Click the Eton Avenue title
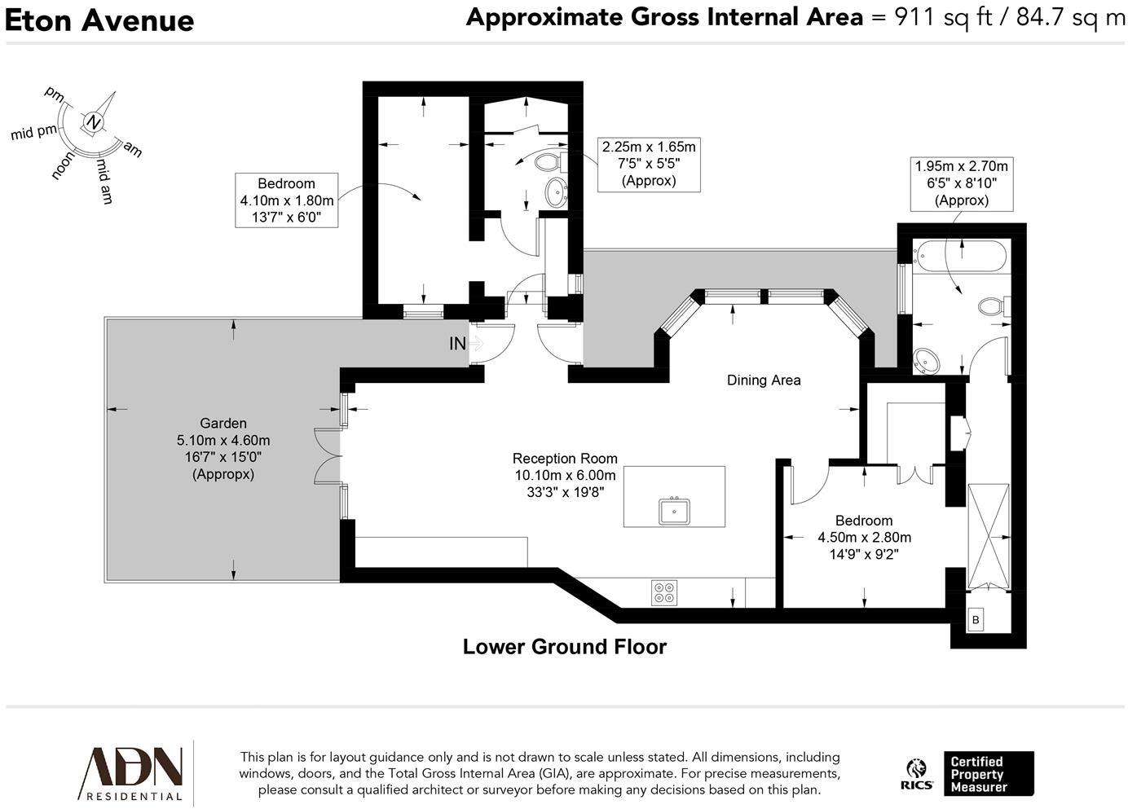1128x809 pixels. click(99, 21)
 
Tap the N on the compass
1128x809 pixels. click(93, 122)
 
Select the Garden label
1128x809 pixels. click(223, 424)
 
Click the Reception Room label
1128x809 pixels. click(565, 459)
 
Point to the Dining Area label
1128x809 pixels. click(764, 380)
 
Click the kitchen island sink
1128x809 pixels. click(674, 512)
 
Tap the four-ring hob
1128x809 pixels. click(664, 593)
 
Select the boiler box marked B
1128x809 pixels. click(976, 620)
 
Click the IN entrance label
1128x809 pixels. click(457, 344)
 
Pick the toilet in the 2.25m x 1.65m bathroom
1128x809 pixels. click(550, 163)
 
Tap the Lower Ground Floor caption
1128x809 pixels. click(565, 647)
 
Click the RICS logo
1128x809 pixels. click(916, 774)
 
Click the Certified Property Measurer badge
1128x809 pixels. click(989, 774)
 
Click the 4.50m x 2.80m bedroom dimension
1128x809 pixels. click(864, 538)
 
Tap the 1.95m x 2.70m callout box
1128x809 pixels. click(961, 184)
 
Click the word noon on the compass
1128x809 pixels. click(63, 165)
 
